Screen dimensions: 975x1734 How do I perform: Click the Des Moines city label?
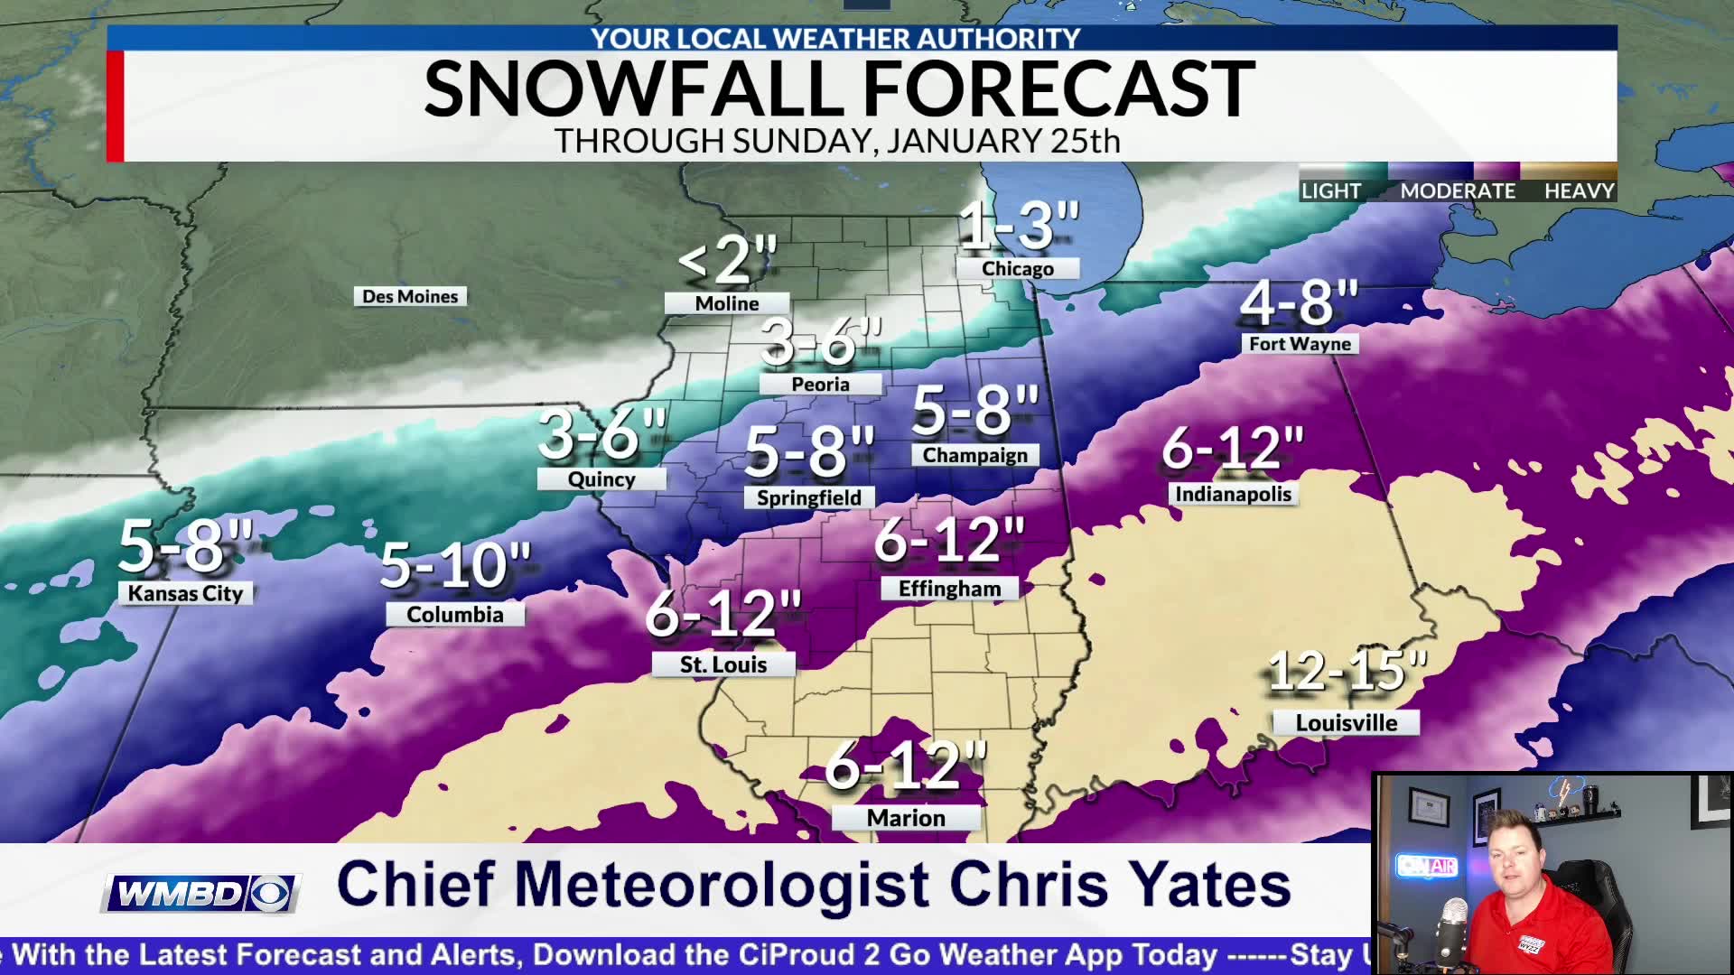click(x=410, y=296)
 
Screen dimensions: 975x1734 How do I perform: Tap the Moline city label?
click(x=727, y=303)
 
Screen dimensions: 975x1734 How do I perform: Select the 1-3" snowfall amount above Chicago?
click(x=1019, y=226)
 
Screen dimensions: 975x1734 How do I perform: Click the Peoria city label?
click(x=820, y=384)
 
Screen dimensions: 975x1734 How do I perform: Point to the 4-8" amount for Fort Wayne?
click(x=1299, y=303)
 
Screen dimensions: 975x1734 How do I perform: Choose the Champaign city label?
click(x=974, y=455)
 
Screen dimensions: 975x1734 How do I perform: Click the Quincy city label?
click(x=601, y=479)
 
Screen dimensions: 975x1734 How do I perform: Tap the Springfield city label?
click(x=808, y=497)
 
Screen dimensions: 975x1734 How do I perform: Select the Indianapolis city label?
click(x=1233, y=494)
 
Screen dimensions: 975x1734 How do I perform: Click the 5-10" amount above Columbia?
click(x=454, y=566)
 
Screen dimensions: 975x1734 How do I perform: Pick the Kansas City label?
click(x=185, y=593)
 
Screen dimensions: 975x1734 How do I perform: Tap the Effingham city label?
click(x=949, y=589)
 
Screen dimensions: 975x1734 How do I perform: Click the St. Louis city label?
click(x=723, y=664)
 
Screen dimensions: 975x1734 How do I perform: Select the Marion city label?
click(x=906, y=818)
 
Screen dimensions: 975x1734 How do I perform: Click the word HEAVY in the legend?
click(x=1579, y=190)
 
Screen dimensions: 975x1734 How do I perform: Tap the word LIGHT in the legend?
click(x=1330, y=190)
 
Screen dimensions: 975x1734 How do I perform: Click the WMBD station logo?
click(x=200, y=894)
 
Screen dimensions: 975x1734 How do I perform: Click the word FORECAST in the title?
click(x=1058, y=89)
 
